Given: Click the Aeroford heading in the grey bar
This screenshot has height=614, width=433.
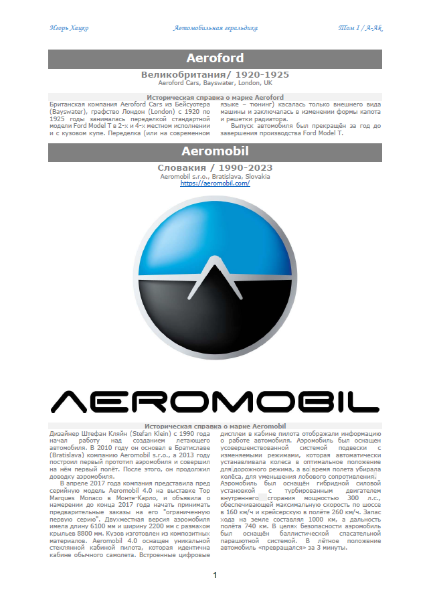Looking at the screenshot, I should click(215, 58).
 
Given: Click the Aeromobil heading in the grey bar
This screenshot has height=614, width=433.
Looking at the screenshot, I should click(215, 152).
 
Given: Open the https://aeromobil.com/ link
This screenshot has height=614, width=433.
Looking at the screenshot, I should click(215, 183).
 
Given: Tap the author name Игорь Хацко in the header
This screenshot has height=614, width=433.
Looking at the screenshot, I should click(70, 28).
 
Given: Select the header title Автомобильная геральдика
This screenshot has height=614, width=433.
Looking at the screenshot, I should click(215, 28).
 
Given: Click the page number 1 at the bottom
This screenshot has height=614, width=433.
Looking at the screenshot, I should click(215, 576).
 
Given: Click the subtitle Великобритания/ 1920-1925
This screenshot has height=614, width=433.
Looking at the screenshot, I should click(215, 74).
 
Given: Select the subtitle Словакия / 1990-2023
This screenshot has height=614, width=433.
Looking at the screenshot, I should click(215, 167).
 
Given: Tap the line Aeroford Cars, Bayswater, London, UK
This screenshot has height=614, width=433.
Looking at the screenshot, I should click(215, 83).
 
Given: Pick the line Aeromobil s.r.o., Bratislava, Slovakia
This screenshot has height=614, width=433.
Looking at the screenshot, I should click(215, 176).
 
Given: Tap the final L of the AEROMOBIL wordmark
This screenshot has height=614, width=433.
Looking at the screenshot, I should click(365, 401).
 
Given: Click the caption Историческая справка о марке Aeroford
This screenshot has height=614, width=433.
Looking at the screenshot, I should click(215, 98).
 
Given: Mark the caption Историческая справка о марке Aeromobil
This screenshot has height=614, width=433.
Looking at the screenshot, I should click(215, 426).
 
